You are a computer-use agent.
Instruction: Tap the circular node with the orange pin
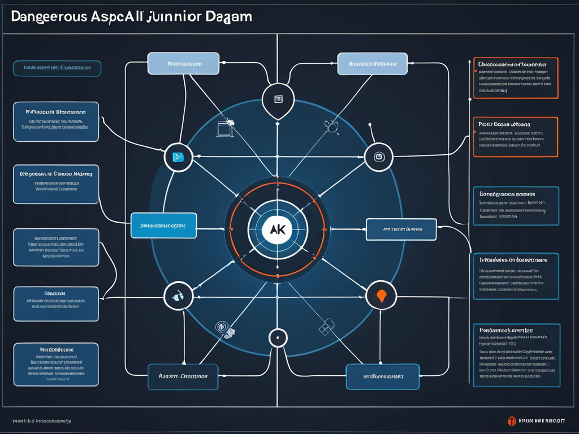381,295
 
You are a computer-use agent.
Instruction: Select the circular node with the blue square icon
178,157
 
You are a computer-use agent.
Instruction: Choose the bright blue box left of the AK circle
163,225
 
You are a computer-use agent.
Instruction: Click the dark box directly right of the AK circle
401,229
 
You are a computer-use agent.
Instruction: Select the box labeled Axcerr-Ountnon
183,376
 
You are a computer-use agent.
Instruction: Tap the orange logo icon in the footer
512,420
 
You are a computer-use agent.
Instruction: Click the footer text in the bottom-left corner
42,421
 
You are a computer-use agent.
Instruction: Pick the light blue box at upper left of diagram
183,63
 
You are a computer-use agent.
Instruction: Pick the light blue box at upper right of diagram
372,64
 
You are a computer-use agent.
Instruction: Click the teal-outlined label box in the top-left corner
57,68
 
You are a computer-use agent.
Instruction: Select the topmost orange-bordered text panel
515,77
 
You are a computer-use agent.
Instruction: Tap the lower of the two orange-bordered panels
515,136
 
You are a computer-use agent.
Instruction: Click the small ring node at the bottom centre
277,338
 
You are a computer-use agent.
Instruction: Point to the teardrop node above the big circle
278,100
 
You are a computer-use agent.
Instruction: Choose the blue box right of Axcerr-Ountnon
382,376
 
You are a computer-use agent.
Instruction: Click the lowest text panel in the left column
56,364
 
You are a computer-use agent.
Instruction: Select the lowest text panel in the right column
516,355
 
